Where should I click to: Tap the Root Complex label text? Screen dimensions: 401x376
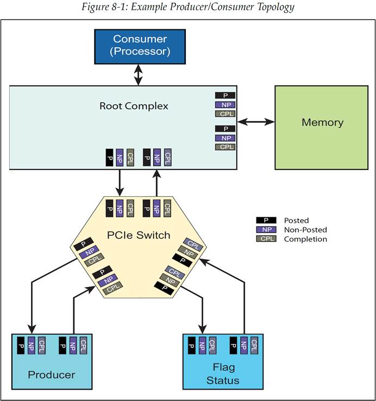point(134,106)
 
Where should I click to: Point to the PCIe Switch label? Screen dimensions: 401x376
point(139,235)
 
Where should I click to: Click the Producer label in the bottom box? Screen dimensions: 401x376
point(52,374)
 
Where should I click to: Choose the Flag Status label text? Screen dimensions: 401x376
point(223,374)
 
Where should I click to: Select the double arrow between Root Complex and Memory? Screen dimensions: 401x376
point(256,122)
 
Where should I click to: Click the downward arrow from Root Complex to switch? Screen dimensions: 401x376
point(120,183)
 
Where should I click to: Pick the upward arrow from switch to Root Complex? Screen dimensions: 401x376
point(157,183)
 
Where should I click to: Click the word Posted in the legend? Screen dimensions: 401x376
point(296,221)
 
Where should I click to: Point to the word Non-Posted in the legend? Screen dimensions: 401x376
point(305,230)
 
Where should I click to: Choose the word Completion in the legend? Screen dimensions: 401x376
point(305,239)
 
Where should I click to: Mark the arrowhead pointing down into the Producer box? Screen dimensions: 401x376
point(32,328)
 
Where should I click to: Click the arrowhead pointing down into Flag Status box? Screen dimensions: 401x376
point(203,328)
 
